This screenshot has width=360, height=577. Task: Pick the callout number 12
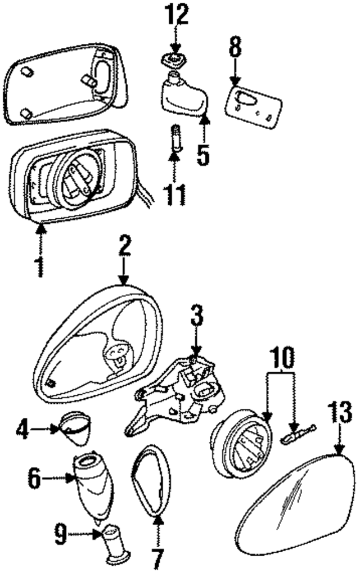point(176,16)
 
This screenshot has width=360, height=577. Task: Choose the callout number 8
point(235,49)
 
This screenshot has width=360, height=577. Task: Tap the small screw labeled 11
point(175,138)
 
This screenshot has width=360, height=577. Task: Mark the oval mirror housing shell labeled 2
point(98,343)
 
